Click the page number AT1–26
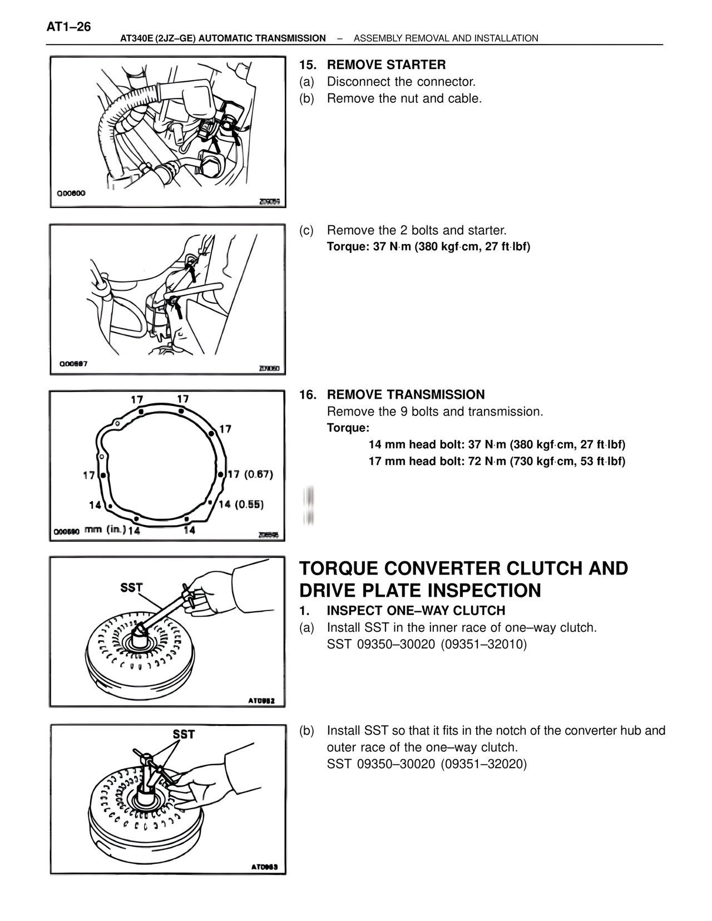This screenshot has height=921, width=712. click(69, 27)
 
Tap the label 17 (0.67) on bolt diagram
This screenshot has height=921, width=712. click(250, 474)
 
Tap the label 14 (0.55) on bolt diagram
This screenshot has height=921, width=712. click(241, 504)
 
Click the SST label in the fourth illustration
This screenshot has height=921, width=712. click(132, 588)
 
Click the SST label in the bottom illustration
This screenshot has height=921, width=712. click(184, 734)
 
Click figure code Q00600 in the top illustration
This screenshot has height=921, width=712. click(71, 194)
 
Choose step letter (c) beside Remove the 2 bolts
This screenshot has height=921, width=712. click(306, 230)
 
